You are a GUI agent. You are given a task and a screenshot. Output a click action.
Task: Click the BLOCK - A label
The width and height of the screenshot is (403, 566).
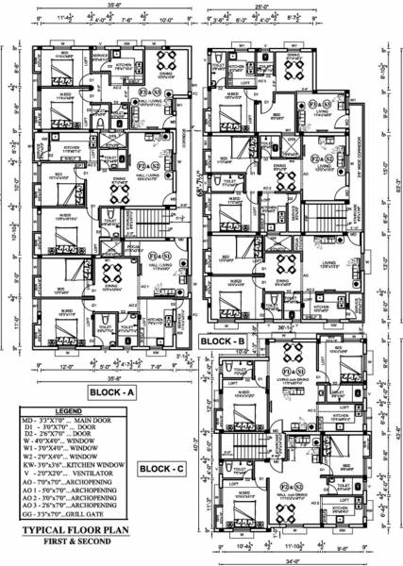pos(115,391)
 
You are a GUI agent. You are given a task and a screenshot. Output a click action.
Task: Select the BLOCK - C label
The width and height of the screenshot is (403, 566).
pos(164,467)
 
